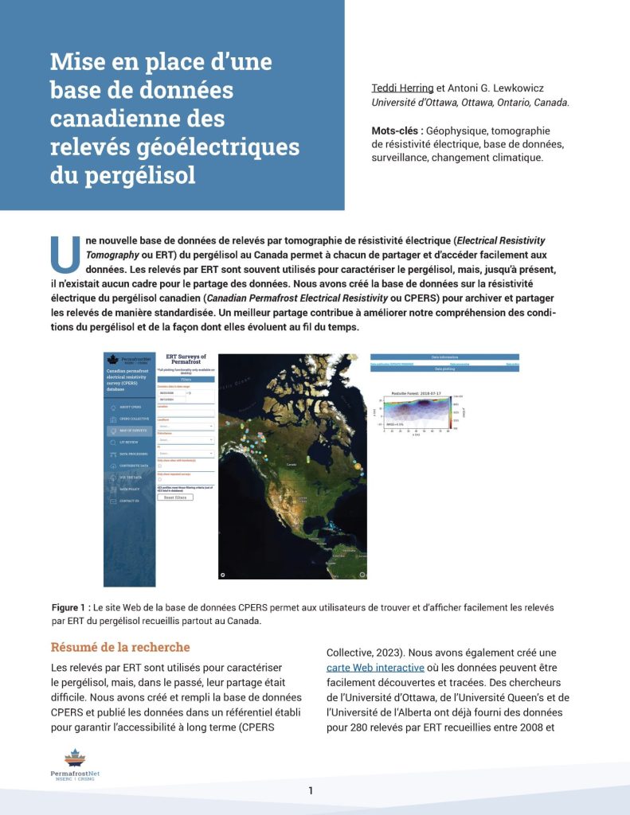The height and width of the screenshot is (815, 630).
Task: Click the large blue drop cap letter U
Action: [x=65, y=254]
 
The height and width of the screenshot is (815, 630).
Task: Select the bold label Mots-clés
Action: [x=396, y=131]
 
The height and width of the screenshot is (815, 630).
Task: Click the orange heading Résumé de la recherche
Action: [x=120, y=647]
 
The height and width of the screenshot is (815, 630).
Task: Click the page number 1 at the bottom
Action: [x=311, y=790]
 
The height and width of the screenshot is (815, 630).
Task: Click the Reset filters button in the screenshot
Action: [x=175, y=497]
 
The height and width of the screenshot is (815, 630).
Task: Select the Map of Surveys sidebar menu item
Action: [x=130, y=431]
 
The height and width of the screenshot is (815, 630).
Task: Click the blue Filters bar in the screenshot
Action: [x=186, y=380]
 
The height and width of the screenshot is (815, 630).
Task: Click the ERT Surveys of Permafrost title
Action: [x=186, y=361]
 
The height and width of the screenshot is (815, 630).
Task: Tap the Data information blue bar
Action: [x=444, y=357]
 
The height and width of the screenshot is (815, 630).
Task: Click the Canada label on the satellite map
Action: [x=292, y=463]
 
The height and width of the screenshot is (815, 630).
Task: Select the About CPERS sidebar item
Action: [x=130, y=407]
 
